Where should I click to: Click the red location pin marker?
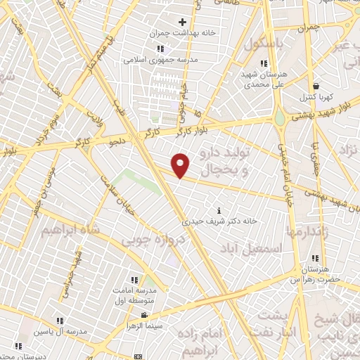click(181, 165)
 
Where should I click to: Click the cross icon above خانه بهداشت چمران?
click(182, 22)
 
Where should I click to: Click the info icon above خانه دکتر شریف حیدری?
click(221, 210)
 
